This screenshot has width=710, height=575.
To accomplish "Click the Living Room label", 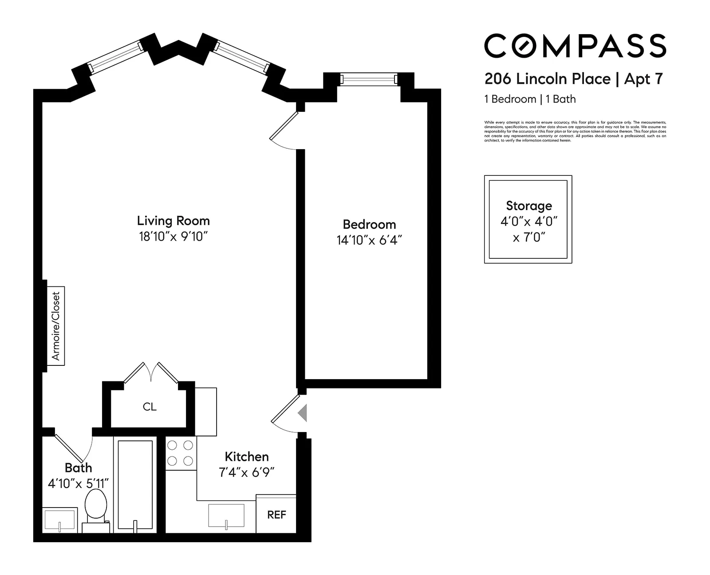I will tap(173, 221).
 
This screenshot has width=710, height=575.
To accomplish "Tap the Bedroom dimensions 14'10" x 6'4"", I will tap(369, 240).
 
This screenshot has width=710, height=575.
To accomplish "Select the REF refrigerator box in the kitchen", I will tap(276, 514).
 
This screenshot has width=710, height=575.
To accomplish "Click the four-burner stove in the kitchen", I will tap(181, 453).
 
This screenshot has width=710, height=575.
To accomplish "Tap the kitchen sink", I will tap(226, 516).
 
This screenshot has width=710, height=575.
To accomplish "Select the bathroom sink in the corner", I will tap(60, 520).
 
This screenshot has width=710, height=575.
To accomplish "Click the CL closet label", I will tap(150, 407).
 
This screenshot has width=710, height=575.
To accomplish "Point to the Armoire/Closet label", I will tap(56, 325).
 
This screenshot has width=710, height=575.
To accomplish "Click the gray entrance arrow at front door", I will tap(303, 412).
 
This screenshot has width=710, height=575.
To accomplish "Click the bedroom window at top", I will tap(369, 79).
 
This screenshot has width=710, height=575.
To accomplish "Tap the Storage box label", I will tap(529, 206).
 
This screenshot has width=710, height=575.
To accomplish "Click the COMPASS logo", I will tap(575, 46).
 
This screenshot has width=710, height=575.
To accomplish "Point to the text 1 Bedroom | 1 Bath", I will tap(530, 99).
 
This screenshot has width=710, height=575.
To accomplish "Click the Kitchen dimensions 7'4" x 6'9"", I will tap(247, 472).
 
